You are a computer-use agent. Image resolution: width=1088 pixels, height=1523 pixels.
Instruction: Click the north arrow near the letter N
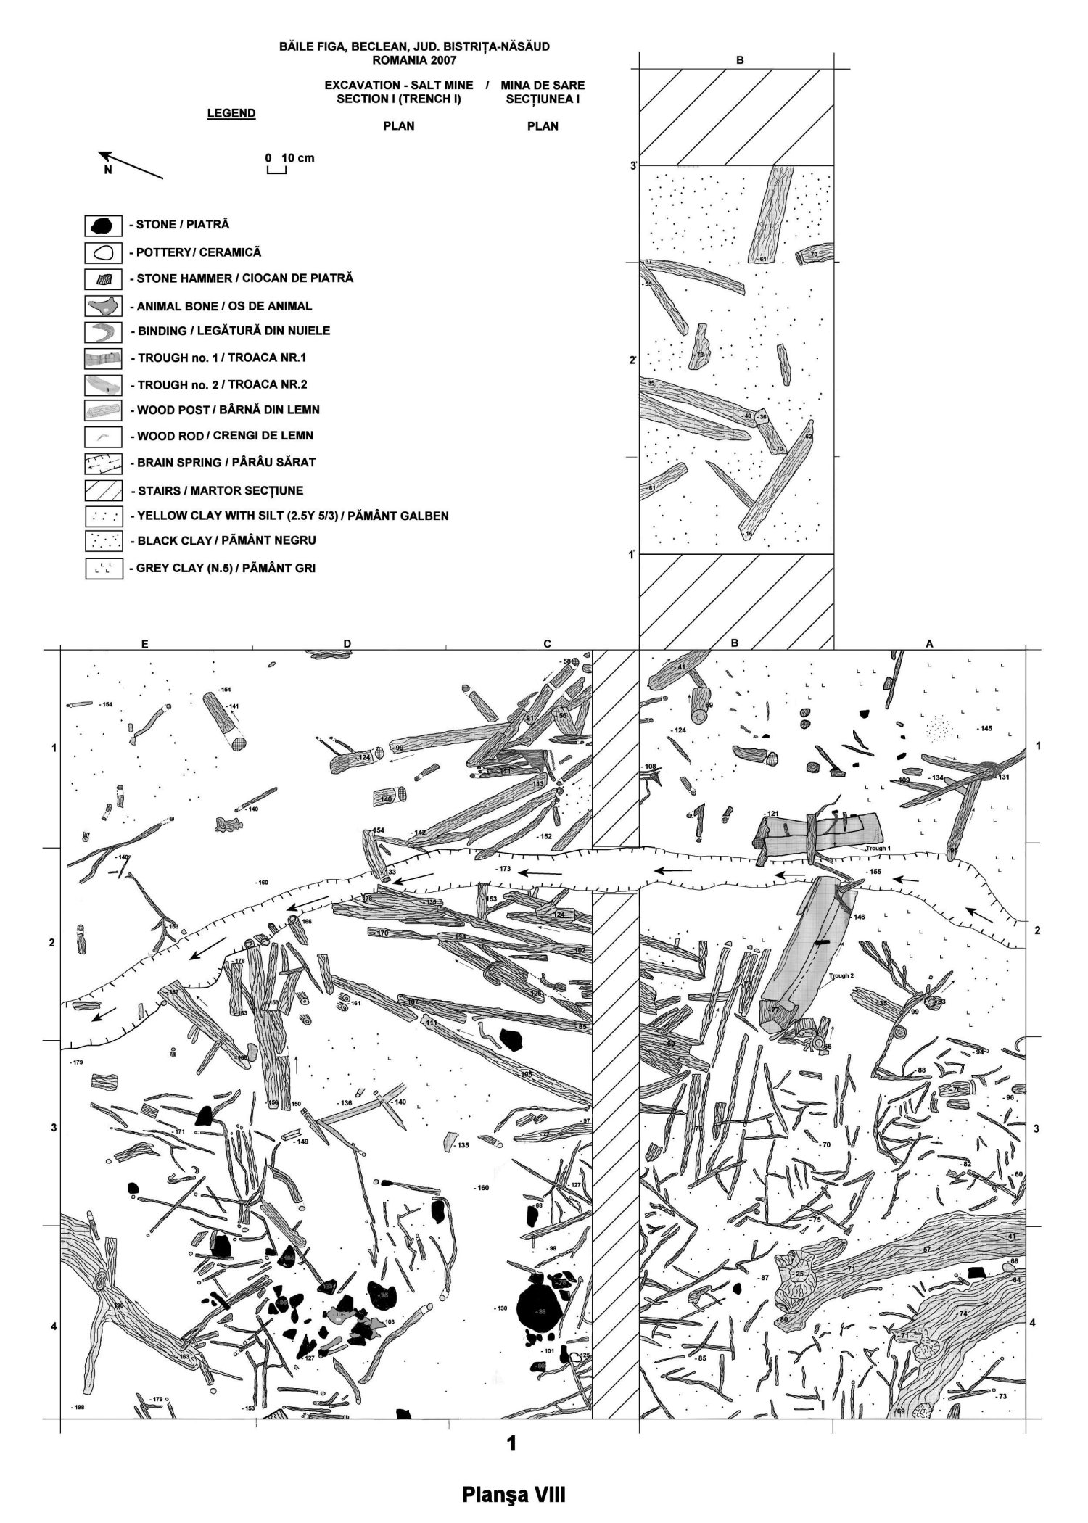click(x=131, y=165)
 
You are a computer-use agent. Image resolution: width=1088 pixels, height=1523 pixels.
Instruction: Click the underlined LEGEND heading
click(x=231, y=113)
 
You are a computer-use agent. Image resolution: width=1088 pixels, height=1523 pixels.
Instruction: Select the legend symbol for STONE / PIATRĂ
click(x=102, y=226)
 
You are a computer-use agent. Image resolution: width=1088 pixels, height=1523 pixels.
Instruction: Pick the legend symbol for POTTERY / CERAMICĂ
click(x=102, y=253)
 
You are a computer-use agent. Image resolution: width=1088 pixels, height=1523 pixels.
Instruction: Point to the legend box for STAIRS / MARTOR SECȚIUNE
click(x=102, y=491)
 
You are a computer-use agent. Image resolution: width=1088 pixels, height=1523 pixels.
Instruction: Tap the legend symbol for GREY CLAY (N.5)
click(x=102, y=569)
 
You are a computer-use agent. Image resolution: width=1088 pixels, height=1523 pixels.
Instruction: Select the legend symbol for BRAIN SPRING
click(x=102, y=463)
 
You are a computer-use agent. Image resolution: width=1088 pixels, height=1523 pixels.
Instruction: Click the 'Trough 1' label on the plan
click(x=877, y=847)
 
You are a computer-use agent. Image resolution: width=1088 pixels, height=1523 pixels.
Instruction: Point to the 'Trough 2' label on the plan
click(x=841, y=975)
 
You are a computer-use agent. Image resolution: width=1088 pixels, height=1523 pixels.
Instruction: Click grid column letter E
click(x=145, y=643)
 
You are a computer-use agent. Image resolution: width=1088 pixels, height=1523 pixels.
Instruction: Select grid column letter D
click(x=347, y=643)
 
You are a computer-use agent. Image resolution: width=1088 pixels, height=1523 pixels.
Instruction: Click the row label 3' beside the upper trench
click(x=633, y=167)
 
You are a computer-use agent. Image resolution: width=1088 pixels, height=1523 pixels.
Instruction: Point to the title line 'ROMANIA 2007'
click(x=414, y=60)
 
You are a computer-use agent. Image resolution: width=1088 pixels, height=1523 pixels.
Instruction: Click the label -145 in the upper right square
click(x=984, y=727)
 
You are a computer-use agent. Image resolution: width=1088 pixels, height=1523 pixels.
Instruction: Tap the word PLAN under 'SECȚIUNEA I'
click(x=543, y=126)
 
